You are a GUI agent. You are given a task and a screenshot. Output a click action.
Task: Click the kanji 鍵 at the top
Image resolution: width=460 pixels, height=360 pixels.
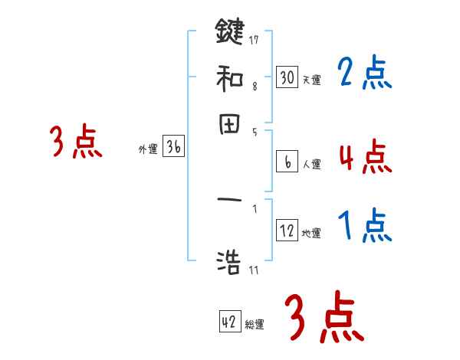point(229,32)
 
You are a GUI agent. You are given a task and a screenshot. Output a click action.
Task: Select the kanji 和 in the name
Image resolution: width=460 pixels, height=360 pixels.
point(229,78)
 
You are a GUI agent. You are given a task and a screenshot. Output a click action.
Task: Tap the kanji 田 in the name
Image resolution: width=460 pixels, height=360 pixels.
point(229,125)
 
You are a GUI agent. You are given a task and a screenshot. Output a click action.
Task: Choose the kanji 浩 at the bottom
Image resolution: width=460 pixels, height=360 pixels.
point(229,263)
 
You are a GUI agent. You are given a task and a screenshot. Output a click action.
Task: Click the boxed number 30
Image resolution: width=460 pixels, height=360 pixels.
point(287,77)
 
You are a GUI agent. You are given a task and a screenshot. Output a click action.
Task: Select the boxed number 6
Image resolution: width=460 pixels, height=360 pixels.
point(287,162)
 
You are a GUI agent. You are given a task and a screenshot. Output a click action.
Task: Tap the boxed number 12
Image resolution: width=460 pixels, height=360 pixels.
point(287,231)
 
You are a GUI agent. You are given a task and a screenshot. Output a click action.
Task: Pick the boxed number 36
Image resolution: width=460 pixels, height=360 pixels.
point(172,148)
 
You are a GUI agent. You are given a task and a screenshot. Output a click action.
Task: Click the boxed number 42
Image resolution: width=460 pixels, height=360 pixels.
point(229,322)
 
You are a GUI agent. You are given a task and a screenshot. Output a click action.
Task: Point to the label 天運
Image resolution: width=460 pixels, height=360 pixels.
point(312,80)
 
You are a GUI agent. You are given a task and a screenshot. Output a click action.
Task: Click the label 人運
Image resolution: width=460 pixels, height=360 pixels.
point(312,164)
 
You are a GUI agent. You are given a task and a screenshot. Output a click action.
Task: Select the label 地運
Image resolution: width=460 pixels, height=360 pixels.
point(312,233)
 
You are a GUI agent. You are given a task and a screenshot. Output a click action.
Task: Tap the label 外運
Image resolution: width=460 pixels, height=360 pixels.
point(147,150)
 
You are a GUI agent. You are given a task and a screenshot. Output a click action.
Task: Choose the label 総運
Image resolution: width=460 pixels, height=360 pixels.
point(255,325)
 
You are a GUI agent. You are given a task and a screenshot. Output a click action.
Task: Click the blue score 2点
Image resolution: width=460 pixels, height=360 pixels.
point(364,74)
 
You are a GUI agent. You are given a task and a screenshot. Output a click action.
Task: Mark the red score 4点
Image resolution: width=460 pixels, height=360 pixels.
point(364,156)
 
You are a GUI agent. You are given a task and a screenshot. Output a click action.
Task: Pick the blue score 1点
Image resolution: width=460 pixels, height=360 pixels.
point(364,226)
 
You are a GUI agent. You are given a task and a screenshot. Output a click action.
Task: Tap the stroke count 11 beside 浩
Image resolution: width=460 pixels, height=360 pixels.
point(254,270)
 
